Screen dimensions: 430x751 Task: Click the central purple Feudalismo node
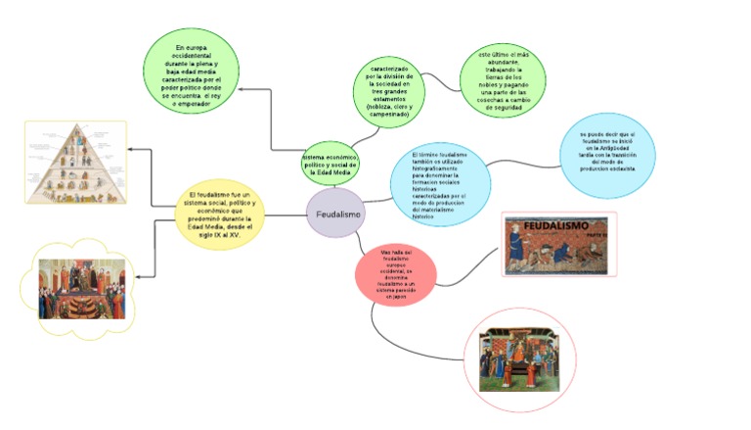pos(336,215)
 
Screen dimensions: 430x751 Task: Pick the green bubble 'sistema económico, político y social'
pos(331,162)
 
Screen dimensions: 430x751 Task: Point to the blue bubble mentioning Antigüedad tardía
pos(606,154)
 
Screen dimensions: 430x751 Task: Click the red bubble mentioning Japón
pos(394,276)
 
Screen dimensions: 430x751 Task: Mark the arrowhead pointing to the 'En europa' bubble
pos(244,89)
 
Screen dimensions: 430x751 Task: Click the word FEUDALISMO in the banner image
pos(553,227)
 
